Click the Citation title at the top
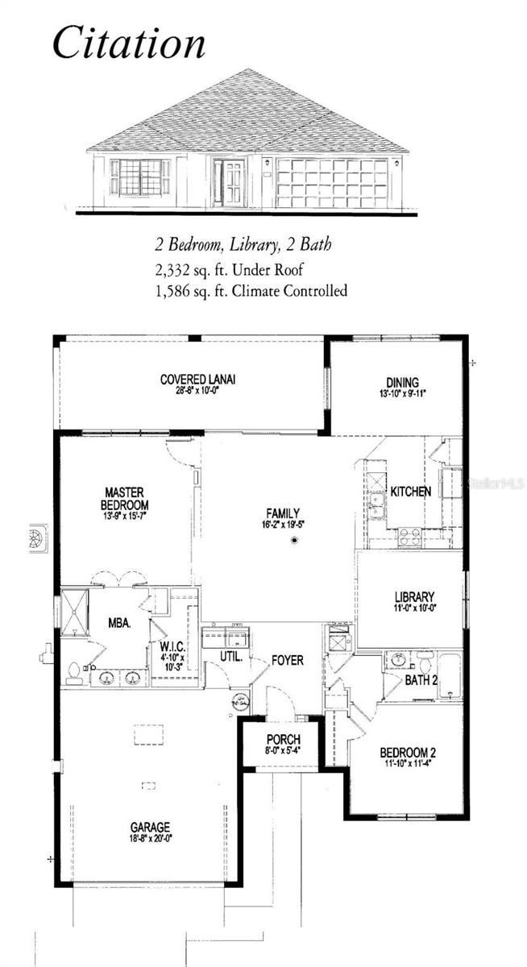coord(129,44)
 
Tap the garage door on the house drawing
coord(331,183)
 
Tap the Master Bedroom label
coord(124,498)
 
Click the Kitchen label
coord(411,492)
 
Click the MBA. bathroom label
coord(119,623)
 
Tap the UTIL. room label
coord(231,658)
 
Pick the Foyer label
coord(287,661)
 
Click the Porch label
coord(283,740)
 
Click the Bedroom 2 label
coord(409,753)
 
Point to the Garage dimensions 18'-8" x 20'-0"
coord(151,838)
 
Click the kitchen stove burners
coord(409,537)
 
